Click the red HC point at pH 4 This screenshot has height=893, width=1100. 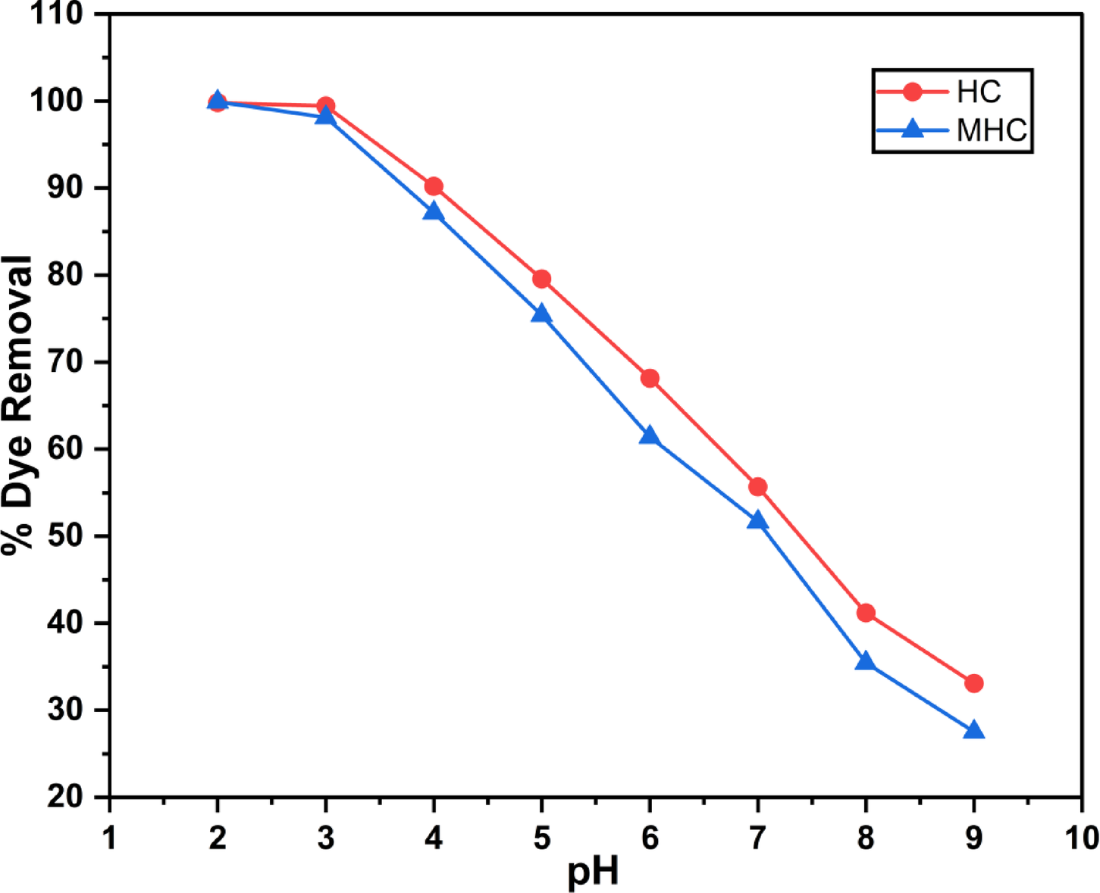[x=434, y=186]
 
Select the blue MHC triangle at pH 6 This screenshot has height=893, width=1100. [x=650, y=436]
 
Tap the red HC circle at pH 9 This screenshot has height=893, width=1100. [x=974, y=683]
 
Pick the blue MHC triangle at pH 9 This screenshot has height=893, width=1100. [x=974, y=731]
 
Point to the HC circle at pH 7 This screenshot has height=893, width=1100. [x=757, y=487]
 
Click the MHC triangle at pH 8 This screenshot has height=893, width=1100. [x=866, y=662]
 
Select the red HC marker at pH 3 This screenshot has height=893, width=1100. [x=326, y=105]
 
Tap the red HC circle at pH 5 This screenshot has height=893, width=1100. [x=541, y=279]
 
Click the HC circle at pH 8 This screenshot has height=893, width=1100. [x=866, y=613]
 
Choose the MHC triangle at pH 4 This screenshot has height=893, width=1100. [x=434, y=211]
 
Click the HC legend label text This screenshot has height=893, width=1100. [x=978, y=92]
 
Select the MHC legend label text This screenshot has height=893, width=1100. [x=992, y=130]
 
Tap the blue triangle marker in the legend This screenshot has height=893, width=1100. [x=914, y=130]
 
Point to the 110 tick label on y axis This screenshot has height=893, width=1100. [x=56, y=14]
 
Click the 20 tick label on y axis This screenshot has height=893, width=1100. [x=65, y=797]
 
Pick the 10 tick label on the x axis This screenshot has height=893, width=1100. [x=1081, y=838]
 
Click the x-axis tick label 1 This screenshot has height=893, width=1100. [x=110, y=838]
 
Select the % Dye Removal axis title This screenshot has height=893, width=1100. [x=18, y=405]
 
